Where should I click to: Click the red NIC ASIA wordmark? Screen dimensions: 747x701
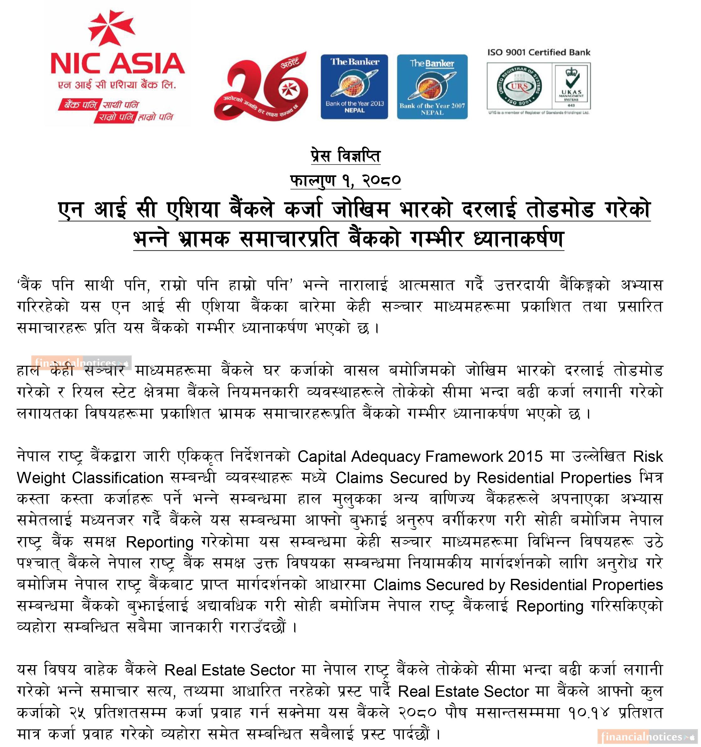[117, 63]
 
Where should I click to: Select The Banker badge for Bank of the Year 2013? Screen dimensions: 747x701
[354, 87]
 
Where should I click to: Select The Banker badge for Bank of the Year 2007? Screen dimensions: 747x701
[432, 87]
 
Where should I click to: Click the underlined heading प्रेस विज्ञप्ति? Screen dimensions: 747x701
[345, 156]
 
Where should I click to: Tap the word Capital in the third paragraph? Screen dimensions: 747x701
[321, 456]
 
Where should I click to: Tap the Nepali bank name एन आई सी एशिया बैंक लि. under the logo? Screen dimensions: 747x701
[117, 85]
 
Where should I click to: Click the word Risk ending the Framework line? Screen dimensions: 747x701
[648, 456]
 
